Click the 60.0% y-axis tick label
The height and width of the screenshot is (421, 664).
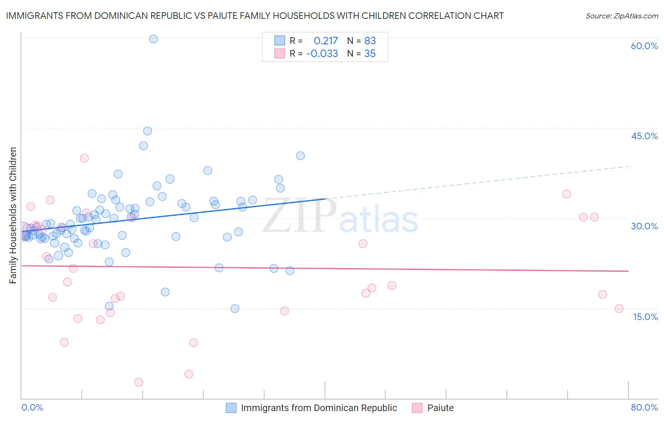(644, 46)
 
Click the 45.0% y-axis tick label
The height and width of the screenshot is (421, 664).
(644, 136)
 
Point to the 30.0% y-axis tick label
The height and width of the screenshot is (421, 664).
(644, 226)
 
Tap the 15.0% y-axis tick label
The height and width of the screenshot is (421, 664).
(645, 317)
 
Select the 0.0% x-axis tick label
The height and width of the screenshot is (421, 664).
(32, 407)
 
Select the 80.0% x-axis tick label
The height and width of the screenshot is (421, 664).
(644, 407)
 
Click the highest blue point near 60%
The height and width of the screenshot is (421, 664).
(153, 39)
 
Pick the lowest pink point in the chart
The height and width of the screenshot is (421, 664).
(138, 382)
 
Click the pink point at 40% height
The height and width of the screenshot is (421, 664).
(85, 158)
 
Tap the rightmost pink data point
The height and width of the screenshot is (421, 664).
(619, 309)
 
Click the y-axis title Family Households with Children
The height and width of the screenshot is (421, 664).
(13, 215)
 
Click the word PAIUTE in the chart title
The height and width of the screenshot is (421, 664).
(253, 16)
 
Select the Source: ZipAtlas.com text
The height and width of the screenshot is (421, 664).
(621, 16)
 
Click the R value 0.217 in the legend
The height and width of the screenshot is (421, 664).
(326, 41)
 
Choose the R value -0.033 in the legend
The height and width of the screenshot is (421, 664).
(322, 54)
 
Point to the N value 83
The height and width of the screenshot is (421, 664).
(370, 41)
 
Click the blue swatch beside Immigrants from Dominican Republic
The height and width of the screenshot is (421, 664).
(231, 408)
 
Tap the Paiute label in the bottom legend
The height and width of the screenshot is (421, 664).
(440, 408)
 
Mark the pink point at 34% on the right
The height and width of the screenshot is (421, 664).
(567, 194)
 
